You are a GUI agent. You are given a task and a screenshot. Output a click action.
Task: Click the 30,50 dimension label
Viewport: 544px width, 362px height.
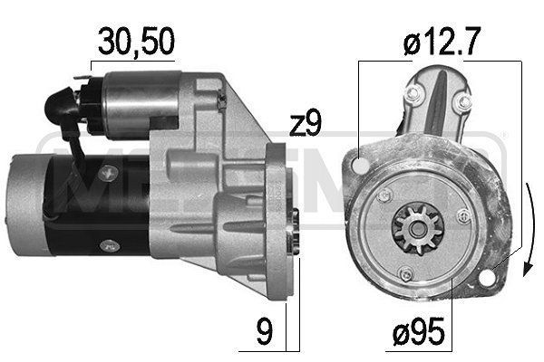137,40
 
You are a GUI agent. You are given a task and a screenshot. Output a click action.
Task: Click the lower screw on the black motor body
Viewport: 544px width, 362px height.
109,243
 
